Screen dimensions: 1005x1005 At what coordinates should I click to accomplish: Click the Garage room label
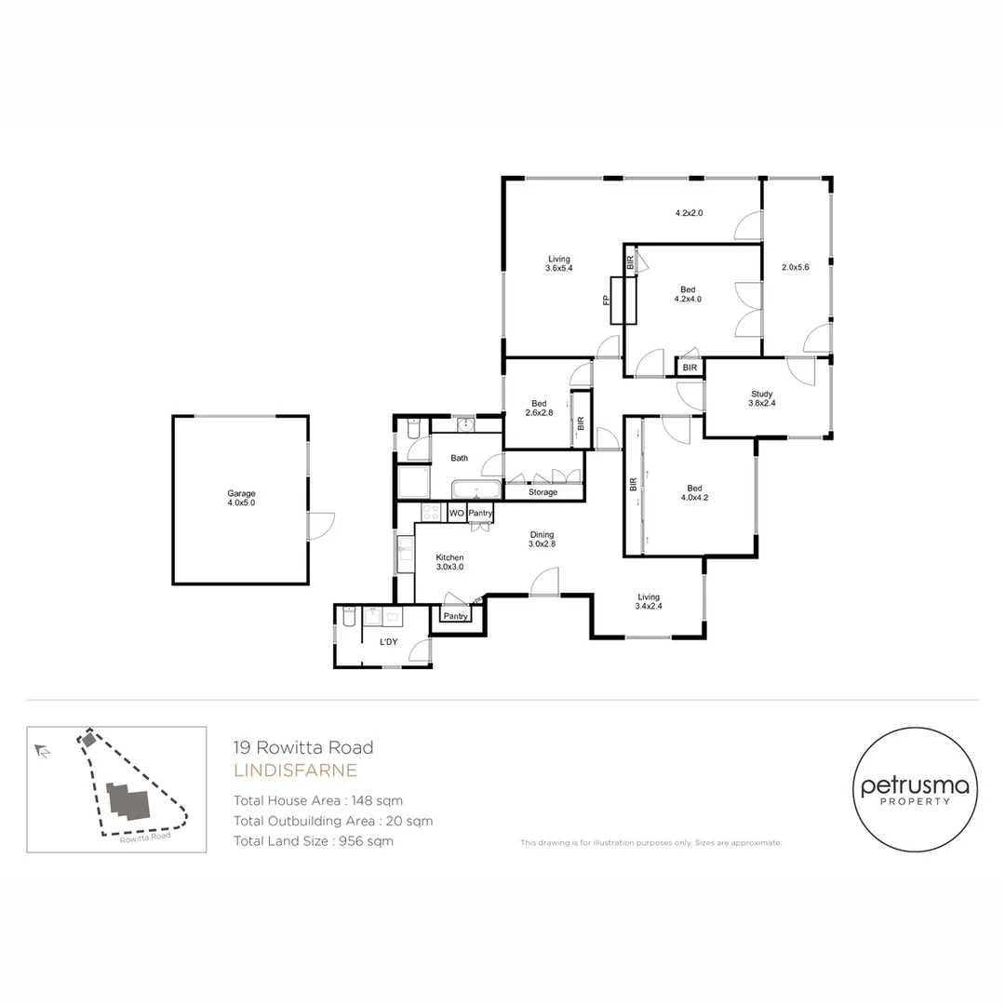241,499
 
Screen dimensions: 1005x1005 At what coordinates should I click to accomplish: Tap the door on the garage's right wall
320,526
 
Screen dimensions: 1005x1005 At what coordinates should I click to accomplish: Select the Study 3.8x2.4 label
762,399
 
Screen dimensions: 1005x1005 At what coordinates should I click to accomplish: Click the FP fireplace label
606,300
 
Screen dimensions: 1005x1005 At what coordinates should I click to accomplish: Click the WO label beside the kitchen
456,513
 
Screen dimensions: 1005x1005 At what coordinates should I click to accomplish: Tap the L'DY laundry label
388,642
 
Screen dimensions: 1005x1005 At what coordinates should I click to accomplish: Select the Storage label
543,491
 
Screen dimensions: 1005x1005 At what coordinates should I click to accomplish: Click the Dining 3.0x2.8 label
542,540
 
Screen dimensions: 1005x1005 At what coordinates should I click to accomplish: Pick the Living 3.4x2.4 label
649,602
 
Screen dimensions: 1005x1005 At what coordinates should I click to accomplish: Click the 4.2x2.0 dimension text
689,213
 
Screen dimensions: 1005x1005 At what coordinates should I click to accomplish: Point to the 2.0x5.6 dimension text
797,267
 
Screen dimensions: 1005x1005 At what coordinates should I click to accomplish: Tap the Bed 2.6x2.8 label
539,408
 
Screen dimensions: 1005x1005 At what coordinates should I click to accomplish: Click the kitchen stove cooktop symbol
432,513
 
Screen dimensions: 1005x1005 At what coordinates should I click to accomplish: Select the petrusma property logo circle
915,789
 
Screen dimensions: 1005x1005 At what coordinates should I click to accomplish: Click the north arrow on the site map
42,750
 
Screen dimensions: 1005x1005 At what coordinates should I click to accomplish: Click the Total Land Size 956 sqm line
314,841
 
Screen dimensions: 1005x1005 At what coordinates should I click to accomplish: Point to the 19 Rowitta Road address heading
303,747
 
